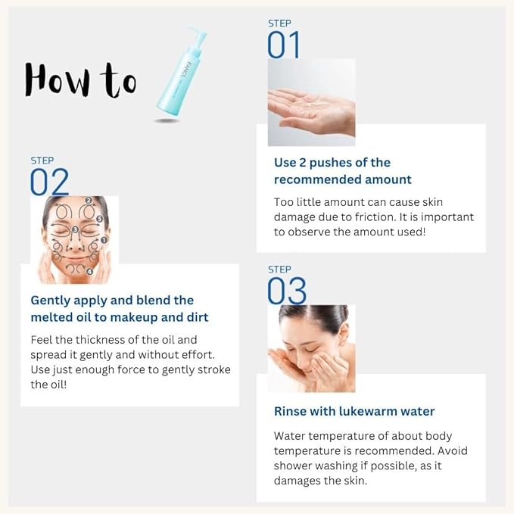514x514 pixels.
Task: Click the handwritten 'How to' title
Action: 80,78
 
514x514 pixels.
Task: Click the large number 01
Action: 284,45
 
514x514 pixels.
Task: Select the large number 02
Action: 49,182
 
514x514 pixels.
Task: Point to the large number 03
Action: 287,291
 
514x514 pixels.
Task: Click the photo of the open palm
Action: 311,102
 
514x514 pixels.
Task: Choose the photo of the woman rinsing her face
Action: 311,347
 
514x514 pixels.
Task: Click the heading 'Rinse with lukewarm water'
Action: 354,411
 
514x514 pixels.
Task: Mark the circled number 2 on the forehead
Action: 89,201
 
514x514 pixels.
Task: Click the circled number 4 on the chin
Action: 89,271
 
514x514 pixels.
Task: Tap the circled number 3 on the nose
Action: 74,229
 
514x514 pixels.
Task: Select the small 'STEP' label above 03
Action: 279,269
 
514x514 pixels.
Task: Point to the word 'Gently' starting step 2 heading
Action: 54,301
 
